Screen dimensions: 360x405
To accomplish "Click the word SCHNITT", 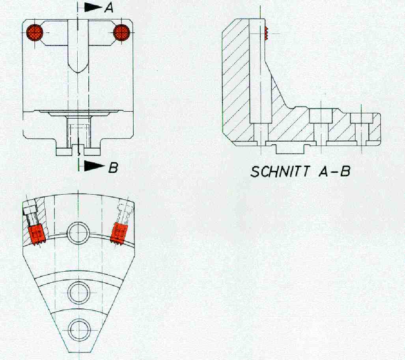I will pos(278,172).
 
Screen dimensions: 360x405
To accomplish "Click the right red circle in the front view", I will pos(121,32).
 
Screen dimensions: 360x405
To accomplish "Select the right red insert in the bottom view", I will pos(119,233).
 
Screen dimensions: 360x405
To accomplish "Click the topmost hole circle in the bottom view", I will pos(78,231).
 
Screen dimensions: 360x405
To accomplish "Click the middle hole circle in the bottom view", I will pos(78,292).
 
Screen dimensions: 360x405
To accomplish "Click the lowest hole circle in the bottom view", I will pos(78,328).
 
